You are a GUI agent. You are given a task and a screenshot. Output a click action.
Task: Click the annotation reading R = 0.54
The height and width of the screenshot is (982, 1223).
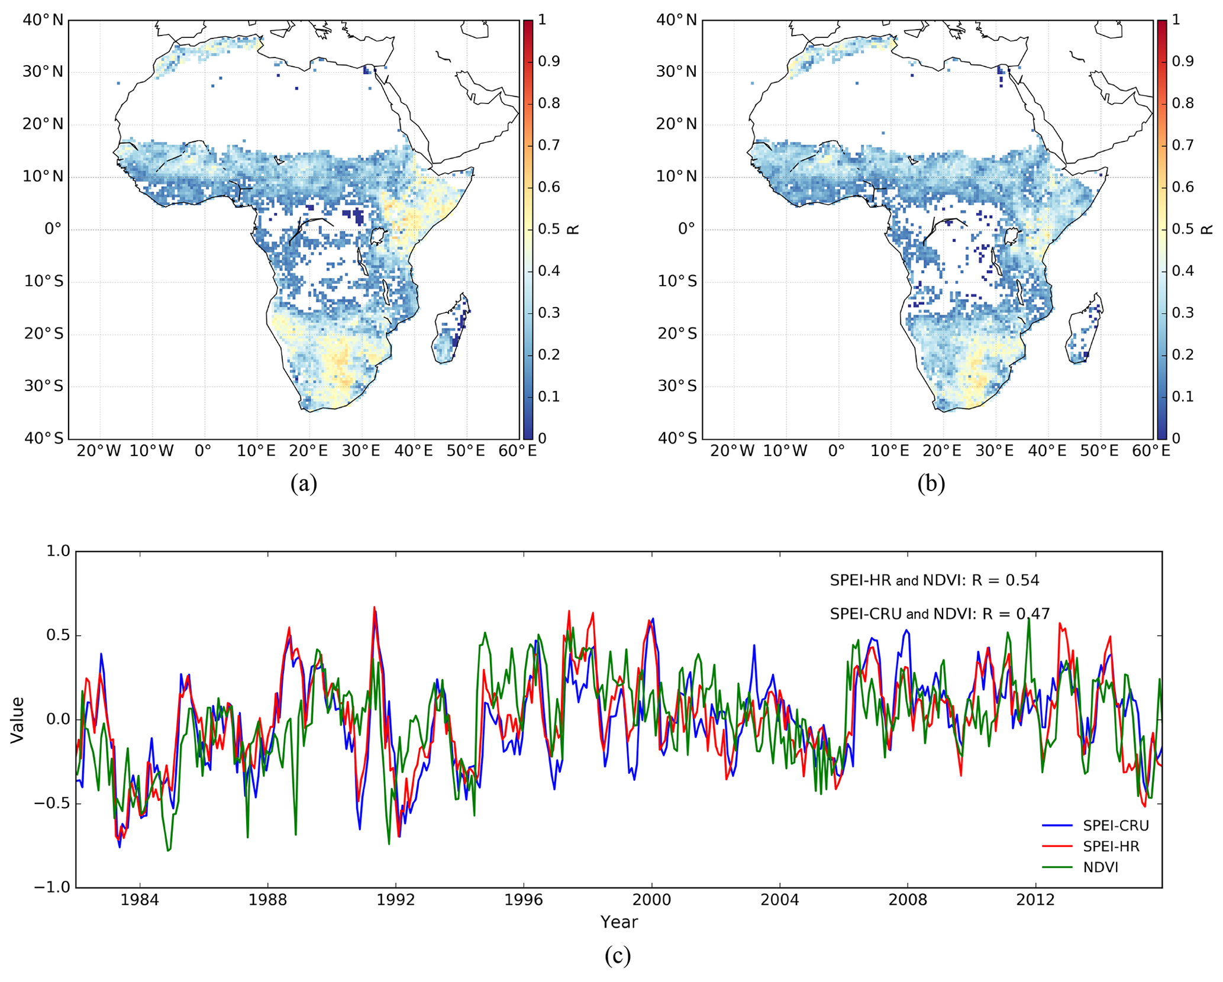(x=934, y=580)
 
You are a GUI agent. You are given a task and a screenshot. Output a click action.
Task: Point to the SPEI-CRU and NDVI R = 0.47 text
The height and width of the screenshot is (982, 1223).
(x=940, y=614)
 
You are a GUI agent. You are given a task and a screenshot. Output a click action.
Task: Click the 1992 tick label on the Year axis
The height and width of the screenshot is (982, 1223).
(x=396, y=900)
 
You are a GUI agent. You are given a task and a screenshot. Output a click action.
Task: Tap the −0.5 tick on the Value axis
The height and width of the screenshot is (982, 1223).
(x=51, y=803)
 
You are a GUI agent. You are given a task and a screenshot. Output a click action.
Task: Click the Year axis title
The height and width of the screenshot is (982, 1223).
(x=619, y=922)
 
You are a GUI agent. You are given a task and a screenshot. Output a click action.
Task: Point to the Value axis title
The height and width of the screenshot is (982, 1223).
(x=18, y=719)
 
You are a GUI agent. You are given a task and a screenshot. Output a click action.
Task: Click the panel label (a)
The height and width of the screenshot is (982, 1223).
(x=304, y=483)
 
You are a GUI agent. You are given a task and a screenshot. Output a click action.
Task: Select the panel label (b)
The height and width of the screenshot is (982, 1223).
(x=931, y=483)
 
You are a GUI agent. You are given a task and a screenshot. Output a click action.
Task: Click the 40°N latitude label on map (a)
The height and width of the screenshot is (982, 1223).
(x=43, y=20)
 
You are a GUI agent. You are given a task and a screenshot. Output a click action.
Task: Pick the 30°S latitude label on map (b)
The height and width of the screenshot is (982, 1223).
(x=677, y=386)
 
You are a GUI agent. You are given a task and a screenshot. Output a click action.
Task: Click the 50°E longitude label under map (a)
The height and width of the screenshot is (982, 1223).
(x=466, y=451)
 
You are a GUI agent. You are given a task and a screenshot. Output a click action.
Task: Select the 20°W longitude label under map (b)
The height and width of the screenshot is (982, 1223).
(x=732, y=451)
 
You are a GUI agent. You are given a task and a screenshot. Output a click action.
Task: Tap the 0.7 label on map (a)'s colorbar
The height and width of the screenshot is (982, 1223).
(x=549, y=145)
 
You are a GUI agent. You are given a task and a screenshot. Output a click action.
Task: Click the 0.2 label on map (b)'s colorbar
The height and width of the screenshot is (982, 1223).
(x=1183, y=354)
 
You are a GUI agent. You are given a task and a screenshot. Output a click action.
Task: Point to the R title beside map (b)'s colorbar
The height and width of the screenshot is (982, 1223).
(x=1207, y=230)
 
